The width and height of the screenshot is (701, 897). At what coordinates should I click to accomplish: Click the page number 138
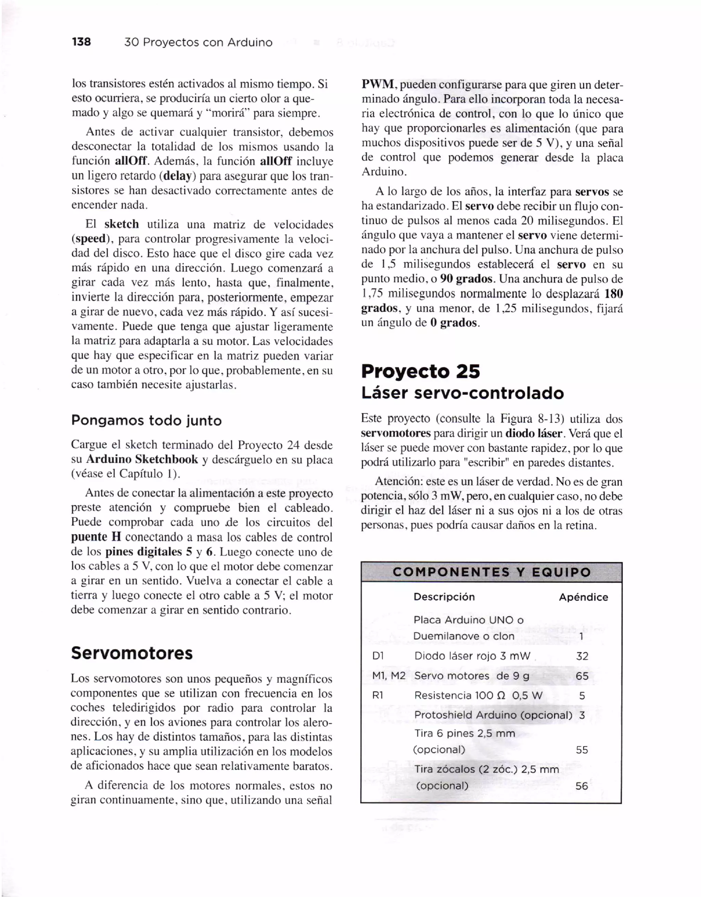[81, 42]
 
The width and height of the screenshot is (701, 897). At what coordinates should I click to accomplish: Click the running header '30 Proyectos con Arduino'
[198, 42]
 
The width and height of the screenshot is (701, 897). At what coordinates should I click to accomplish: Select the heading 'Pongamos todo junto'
[146, 421]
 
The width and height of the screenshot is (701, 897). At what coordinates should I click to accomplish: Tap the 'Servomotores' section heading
[131, 653]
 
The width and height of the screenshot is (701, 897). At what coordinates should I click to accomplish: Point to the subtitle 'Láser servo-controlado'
[462, 393]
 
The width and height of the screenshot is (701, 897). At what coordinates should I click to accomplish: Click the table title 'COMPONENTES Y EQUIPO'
[491, 572]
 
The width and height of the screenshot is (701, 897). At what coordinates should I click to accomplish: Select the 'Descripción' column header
[444, 597]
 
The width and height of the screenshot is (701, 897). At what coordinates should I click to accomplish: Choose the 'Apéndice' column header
[583, 597]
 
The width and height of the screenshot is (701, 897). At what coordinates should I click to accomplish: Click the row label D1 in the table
[378, 656]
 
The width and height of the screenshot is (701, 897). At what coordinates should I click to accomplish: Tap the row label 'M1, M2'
[388, 676]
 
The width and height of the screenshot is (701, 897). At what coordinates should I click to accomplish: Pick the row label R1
[378, 695]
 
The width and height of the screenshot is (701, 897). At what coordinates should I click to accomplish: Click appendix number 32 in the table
[582, 656]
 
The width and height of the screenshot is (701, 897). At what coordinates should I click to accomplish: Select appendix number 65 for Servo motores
[582, 676]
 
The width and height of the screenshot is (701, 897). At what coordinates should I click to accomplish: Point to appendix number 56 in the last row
[582, 786]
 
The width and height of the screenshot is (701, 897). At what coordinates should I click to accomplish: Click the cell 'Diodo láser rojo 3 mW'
[472, 656]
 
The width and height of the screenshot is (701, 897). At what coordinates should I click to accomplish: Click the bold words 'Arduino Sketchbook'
[142, 459]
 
